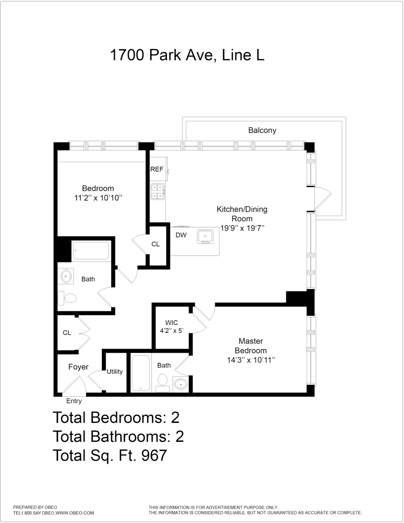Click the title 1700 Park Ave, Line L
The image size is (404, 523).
tap(187, 55)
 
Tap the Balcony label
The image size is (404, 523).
tap(262, 131)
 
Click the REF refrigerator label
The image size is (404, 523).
tap(157, 169)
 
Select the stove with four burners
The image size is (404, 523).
tap(158, 191)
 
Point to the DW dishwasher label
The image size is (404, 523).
tap(181, 235)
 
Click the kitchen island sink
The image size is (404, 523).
tap(206, 237)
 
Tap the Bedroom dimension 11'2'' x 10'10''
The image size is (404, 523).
tap(98, 198)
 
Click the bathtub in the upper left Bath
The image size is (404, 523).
tap(91, 251)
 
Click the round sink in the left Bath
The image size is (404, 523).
tap(66, 277)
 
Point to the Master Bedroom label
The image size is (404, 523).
tap(251, 346)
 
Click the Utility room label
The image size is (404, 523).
tap(115, 372)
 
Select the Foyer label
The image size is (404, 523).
tap(79, 367)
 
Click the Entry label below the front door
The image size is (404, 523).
tap(74, 401)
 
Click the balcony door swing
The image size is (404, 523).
tap(323, 198)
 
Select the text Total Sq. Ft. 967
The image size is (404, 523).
tap(110, 455)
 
